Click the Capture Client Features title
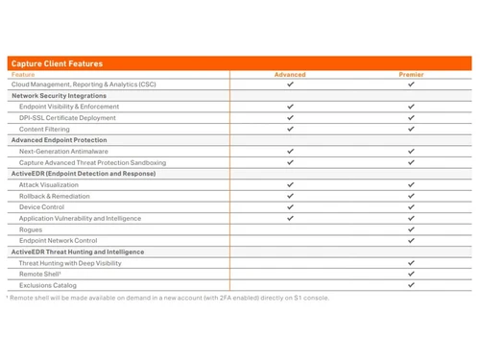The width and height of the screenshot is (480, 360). (57, 63)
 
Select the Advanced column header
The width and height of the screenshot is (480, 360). (290, 74)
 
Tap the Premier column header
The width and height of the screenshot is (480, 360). (411, 74)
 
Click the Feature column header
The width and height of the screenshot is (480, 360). (23, 74)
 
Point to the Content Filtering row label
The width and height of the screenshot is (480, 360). (44, 129)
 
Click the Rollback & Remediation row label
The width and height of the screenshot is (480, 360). (55, 196)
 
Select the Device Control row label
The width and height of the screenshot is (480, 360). (42, 206)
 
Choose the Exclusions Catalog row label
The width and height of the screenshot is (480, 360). (48, 285)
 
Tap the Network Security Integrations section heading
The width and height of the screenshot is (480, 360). (59, 96)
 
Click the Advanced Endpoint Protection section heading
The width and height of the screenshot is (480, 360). (59, 140)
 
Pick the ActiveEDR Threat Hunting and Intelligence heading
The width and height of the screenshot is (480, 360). (79, 252)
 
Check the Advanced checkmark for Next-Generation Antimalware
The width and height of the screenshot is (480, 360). (290, 151)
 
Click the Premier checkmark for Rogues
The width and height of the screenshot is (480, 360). (411, 229)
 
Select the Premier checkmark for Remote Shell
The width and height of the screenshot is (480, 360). (411, 274)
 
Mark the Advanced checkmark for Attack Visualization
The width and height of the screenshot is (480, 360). (290, 184)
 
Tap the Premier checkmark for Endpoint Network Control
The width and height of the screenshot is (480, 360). (411, 240)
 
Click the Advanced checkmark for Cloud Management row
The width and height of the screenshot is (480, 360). (290, 84)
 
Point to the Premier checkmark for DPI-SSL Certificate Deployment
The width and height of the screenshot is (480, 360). (411, 118)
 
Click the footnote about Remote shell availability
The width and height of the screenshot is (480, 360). (168, 298)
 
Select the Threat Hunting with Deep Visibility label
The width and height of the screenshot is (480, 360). (70, 263)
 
